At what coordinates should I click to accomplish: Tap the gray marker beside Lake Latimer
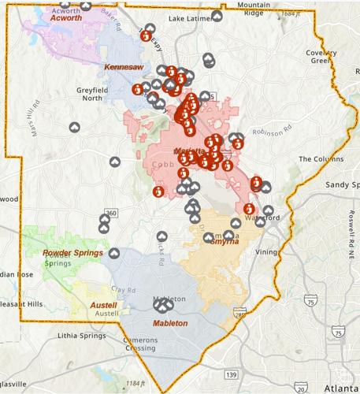(217, 16)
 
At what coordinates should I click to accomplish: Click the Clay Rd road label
(122, 290)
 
